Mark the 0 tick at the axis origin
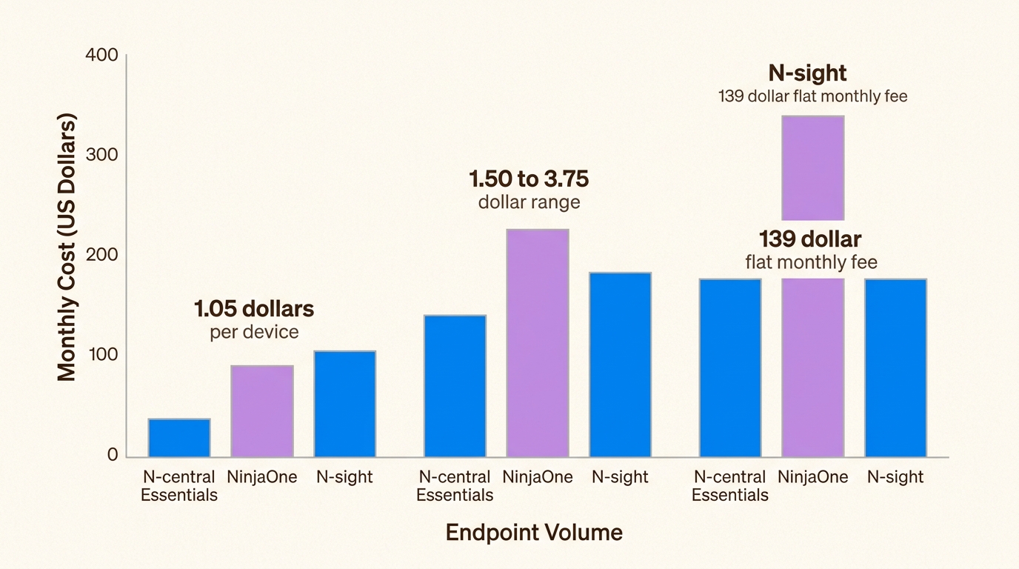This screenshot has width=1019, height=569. [113, 455]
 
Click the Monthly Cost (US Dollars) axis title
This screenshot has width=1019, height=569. [67, 247]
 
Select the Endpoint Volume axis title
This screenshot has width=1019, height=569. [534, 532]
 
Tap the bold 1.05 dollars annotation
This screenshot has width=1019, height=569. [254, 308]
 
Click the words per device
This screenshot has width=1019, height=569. [254, 331]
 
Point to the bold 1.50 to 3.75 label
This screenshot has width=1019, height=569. [529, 179]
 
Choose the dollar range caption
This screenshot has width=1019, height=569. [529, 202]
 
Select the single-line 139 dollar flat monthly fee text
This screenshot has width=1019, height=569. [812, 96]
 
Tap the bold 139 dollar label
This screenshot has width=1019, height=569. [810, 239]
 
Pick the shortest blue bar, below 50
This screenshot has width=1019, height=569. [179, 438]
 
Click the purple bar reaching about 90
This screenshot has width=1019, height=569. [262, 411]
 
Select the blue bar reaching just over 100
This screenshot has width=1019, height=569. [345, 404]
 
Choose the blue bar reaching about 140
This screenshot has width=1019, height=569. [455, 386]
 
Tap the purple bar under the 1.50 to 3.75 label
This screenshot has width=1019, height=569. [538, 343]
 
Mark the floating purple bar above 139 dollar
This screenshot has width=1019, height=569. [813, 168]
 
